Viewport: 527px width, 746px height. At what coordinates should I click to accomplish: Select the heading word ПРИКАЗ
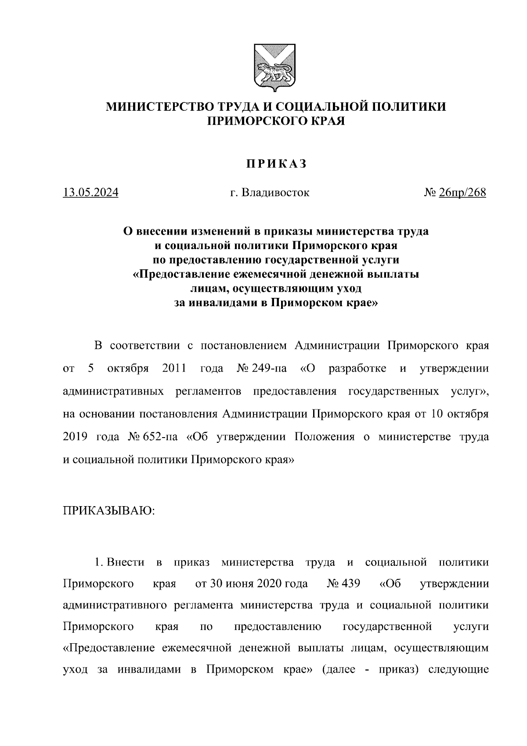tap(275, 164)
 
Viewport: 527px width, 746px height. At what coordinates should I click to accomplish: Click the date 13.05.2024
tap(91, 193)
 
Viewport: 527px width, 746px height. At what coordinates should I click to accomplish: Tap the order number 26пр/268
tap(462, 193)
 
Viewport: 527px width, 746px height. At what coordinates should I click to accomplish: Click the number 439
tap(350, 584)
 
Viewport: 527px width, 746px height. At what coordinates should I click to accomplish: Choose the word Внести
tap(126, 562)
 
